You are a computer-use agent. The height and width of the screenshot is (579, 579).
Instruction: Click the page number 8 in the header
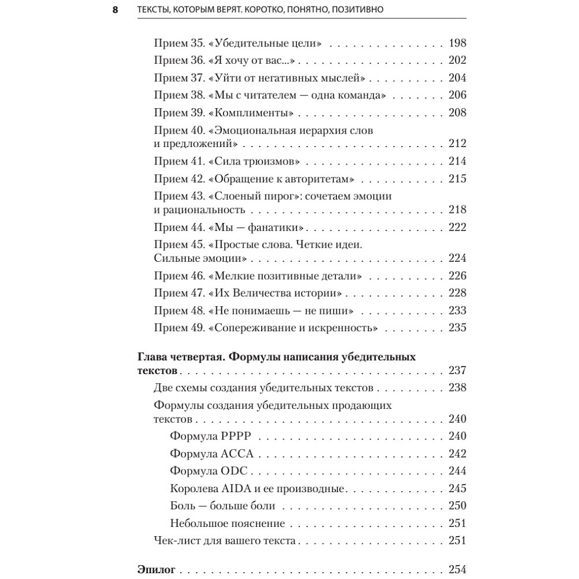(x=115, y=9)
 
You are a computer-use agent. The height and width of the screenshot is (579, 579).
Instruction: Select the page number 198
(x=457, y=43)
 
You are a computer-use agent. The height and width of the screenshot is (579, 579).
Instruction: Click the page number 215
(x=457, y=178)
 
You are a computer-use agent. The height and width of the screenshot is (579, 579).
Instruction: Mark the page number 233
(x=457, y=310)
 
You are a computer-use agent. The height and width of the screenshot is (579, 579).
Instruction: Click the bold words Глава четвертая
(x=180, y=357)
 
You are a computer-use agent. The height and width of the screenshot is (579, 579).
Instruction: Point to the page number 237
(x=457, y=371)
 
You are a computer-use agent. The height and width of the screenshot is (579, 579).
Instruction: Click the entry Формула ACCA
(x=212, y=454)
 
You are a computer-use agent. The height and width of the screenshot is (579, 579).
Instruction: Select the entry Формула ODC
(x=209, y=471)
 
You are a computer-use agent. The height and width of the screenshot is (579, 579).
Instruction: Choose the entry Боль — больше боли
(x=222, y=506)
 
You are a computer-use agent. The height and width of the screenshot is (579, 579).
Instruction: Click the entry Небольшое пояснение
(x=228, y=523)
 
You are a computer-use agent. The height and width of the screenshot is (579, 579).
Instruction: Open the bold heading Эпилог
(x=156, y=569)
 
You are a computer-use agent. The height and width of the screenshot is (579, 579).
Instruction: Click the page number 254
(x=457, y=569)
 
